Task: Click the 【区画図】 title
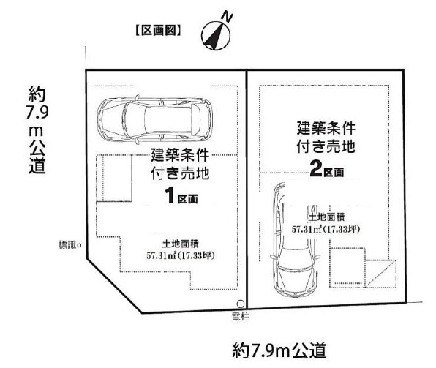pyautogui.click(x=159, y=31)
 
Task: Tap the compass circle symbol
pyautogui.click(x=216, y=36)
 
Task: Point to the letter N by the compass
pyautogui.click(x=227, y=18)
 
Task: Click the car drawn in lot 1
pyautogui.click(x=154, y=121)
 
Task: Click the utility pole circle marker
pyautogui.click(x=241, y=304)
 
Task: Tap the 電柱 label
pyautogui.click(x=241, y=316)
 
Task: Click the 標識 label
pyautogui.click(x=67, y=245)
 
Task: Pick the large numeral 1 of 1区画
pyautogui.click(x=170, y=195)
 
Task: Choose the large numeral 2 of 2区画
pyautogui.click(x=316, y=168)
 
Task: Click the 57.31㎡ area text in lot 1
pyautogui.click(x=181, y=255)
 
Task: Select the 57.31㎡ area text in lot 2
pyautogui.click(x=326, y=229)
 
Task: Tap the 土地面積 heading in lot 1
pyautogui.click(x=181, y=244)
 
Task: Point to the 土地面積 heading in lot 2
pyautogui.click(x=326, y=217)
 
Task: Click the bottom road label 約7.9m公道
pyautogui.click(x=279, y=350)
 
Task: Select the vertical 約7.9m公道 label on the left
pyautogui.click(x=37, y=129)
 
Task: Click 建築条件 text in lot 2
pyautogui.click(x=326, y=128)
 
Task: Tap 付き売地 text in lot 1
pyautogui.click(x=180, y=173)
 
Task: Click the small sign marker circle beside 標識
pyautogui.click(x=79, y=245)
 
